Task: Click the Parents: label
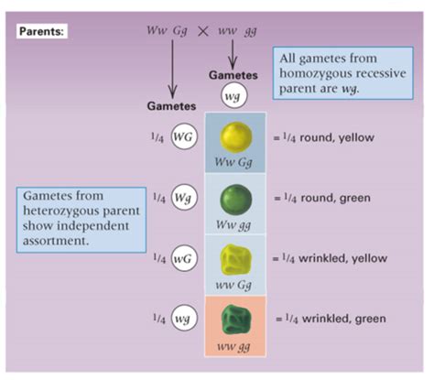coord(42,31)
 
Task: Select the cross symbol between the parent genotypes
coord(203,31)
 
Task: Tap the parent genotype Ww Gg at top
coord(167,31)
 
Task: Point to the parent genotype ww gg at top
coord(237,31)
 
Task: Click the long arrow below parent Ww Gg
coord(172,69)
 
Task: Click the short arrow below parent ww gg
coord(233,54)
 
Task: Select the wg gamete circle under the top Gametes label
coord(233,96)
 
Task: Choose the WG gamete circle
coord(183,136)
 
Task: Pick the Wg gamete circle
coord(183,198)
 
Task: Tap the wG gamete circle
coord(183,258)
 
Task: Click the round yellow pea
coord(236,137)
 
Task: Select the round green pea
coord(236,199)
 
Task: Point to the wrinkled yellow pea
coord(235,259)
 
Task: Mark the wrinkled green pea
coord(236,319)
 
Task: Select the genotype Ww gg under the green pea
coord(233,225)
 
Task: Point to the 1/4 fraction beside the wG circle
coord(159,258)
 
